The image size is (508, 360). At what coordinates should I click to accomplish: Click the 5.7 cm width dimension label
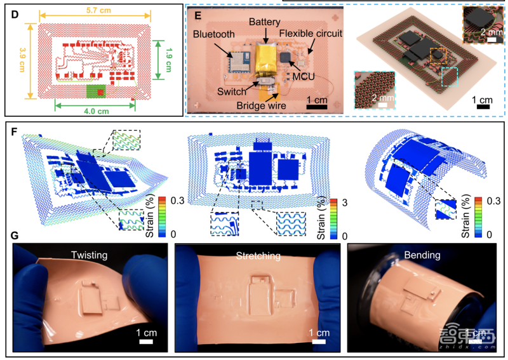point(98,10)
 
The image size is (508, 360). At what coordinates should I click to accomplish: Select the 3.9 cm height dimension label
point(22,60)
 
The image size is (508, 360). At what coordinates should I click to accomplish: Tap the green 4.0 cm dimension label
point(97,111)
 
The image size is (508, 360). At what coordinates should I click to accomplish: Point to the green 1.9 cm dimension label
point(168,60)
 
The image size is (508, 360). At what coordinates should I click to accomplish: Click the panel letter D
point(15,15)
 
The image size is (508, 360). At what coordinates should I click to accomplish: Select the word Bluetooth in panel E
point(213,34)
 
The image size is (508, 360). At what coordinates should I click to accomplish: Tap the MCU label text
point(304,76)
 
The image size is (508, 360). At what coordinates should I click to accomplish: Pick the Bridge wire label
point(261,105)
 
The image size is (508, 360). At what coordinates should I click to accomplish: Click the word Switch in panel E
point(232,91)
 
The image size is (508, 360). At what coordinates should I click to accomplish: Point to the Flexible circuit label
point(311,34)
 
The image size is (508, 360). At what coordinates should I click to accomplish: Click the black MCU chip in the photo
point(286,57)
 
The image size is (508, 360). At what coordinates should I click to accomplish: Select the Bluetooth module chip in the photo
point(239,62)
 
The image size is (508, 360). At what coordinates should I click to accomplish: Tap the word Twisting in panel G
point(89,255)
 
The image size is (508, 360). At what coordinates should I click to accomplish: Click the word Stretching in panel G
point(258,256)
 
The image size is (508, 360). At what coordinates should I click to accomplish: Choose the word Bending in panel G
point(422,255)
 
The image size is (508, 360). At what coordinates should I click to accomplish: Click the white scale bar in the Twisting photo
point(146,342)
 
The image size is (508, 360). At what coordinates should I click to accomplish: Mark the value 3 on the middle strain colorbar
point(344,203)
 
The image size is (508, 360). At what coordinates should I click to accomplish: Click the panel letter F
point(14,132)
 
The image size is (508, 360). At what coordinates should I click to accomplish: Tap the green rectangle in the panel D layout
point(97,91)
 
